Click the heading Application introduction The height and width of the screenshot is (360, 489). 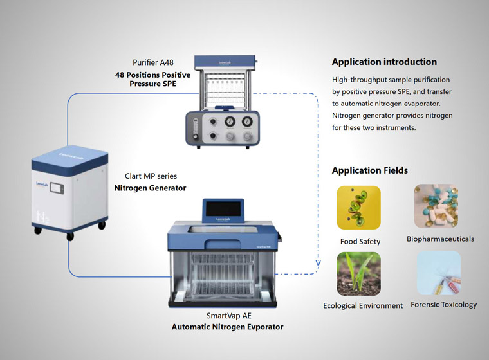tap(384, 62)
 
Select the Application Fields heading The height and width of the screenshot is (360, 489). tap(369, 170)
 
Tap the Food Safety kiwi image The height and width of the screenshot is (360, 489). tap(358, 208)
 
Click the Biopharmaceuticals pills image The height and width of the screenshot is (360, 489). tap(436, 206)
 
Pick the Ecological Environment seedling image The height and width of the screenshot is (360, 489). tap(358, 273)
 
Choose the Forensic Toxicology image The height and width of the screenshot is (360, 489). tap(439, 273)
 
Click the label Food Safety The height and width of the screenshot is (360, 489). tap(360, 242)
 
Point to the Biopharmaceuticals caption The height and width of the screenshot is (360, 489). tap(440, 239)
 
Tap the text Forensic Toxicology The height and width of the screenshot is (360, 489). tap(444, 304)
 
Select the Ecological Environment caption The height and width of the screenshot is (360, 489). tap(363, 305)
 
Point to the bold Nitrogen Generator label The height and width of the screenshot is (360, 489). tap(150, 188)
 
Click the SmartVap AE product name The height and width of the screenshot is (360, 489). tap(228, 316)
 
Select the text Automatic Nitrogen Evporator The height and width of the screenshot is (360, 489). tap(227, 327)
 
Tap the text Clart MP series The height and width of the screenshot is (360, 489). tap(151, 176)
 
